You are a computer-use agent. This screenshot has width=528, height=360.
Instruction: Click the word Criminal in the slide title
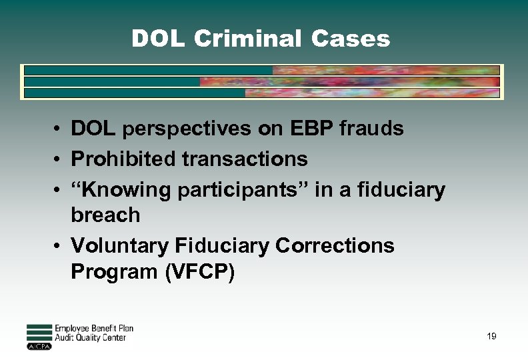click(247, 39)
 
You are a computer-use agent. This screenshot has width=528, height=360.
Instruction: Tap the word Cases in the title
click(350, 39)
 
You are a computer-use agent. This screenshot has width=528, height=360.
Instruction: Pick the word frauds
click(371, 128)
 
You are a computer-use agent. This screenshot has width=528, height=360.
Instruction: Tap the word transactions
click(250, 159)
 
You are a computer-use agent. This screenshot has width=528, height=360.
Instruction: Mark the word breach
click(105, 215)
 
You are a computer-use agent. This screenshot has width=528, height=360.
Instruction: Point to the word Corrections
click(335, 245)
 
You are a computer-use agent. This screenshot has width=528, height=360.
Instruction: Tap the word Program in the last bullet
click(109, 273)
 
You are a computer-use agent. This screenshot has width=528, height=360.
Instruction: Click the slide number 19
click(491, 337)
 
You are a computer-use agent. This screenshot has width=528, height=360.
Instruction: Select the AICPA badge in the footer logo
click(39, 347)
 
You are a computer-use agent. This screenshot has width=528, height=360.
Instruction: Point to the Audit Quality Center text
click(90, 338)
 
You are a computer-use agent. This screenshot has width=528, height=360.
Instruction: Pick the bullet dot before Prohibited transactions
click(59, 160)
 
